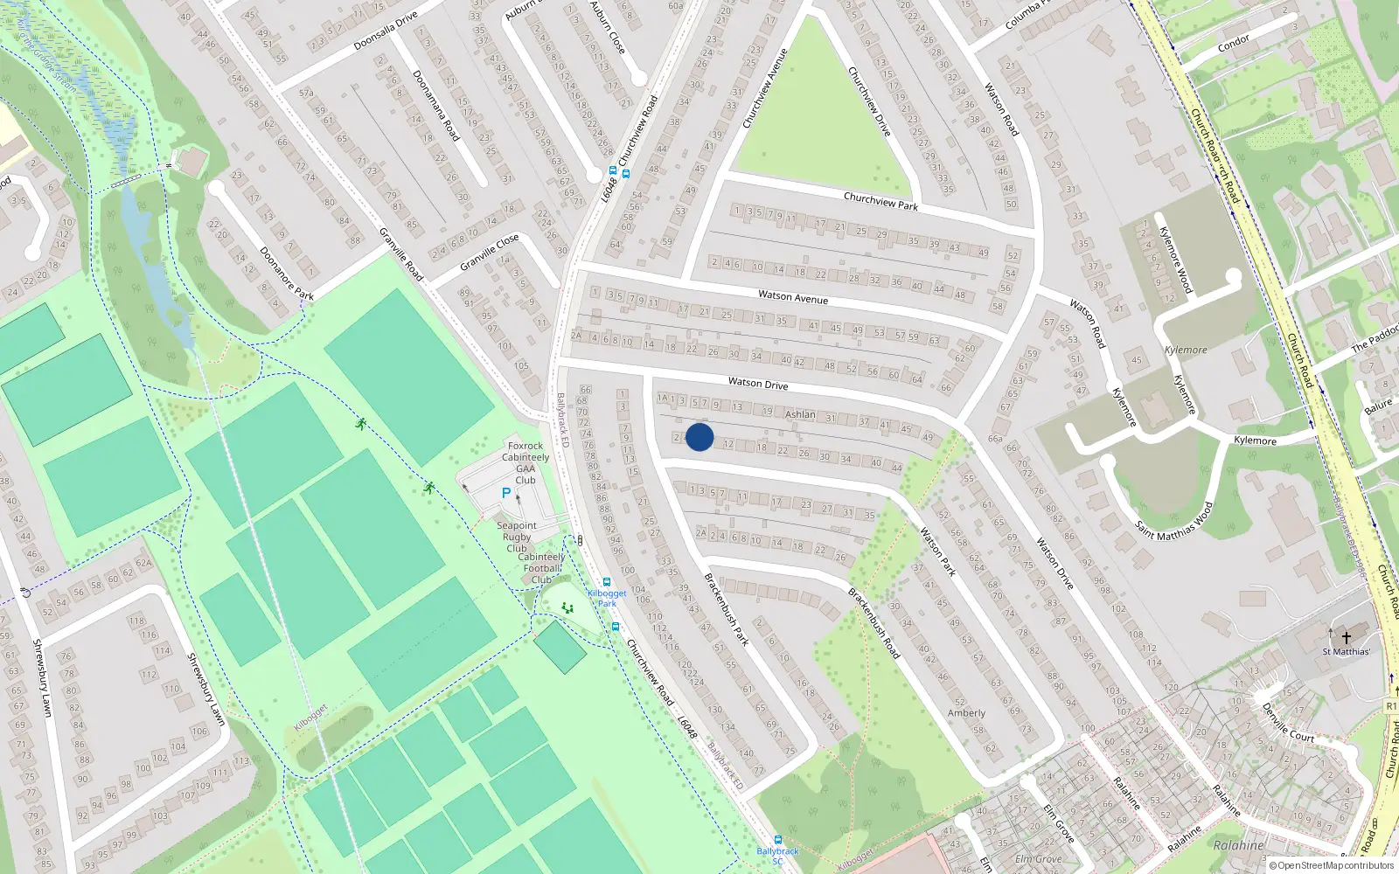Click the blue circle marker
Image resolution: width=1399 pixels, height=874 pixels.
pyautogui.click(x=699, y=437)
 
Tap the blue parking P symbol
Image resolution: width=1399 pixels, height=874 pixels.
pyautogui.click(x=505, y=493)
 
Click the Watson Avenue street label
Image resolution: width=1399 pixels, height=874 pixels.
pyautogui.click(x=793, y=297)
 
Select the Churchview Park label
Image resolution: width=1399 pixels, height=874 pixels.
pyautogui.click(x=880, y=201)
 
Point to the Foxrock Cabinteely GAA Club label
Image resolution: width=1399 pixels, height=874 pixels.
pyautogui.click(x=525, y=462)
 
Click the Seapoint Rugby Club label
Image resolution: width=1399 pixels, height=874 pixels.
pyautogui.click(x=517, y=537)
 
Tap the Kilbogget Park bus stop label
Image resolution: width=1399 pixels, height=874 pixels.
pyautogui.click(x=607, y=598)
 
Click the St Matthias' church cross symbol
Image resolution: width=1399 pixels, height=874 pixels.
pyautogui.click(x=1347, y=636)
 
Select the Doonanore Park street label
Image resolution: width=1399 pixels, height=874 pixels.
pyautogui.click(x=286, y=274)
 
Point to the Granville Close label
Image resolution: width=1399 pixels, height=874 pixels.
pyautogui.click(x=490, y=252)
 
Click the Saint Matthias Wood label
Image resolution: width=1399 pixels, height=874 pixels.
pyautogui.click(x=1174, y=521)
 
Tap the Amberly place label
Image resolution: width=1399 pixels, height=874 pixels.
pyautogui.click(x=966, y=713)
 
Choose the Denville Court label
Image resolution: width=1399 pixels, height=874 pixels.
pyautogui.click(x=1288, y=723)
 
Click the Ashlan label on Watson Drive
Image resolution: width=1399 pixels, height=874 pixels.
pyautogui.click(x=800, y=414)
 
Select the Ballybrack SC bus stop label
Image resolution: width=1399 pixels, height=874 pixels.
pyautogui.click(x=777, y=856)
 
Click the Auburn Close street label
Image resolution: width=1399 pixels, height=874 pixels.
pyautogui.click(x=608, y=26)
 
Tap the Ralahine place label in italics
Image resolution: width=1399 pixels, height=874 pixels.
pyautogui.click(x=1238, y=845)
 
